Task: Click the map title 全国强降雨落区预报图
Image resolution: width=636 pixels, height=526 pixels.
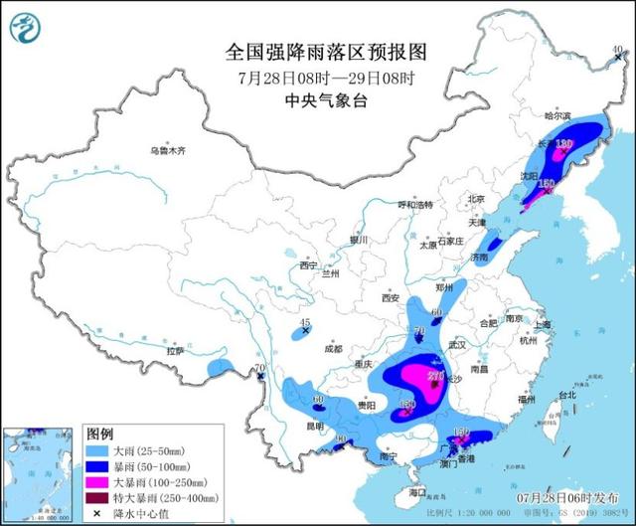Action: pyautogui.click(x=320, y=51)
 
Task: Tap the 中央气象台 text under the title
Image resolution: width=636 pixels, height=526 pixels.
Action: pyautogui.click(x=320, y=100)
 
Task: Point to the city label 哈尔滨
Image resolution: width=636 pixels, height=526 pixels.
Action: pyautogui.click(x=560, y=115)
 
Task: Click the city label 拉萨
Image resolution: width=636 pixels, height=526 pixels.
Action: pyautogui.click(x=176, y=351)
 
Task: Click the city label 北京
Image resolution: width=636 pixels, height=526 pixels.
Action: pyautogui.click(x=476, y=198)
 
